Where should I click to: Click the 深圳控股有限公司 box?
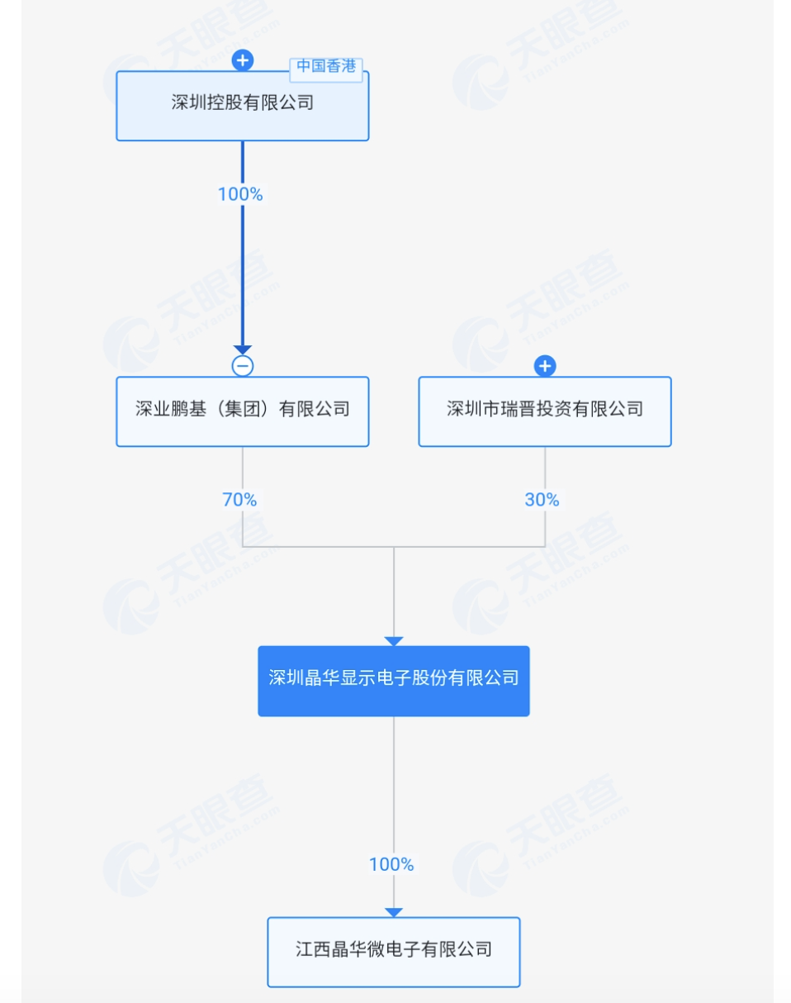[x=242, y=106]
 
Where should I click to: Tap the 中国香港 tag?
[x=326, y=67]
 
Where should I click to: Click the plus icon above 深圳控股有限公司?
[x=242, y=59]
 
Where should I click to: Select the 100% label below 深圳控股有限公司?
[x=240, y=194]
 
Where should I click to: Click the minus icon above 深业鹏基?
[x=242, y=366]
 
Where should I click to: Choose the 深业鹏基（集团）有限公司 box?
[x=242, y=411]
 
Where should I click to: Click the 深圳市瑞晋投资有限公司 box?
[x=544, y=411]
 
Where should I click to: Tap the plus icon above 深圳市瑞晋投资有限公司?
[x=544, y=365]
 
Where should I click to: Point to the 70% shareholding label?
[x=239, y=500]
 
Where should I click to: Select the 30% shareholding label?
[x=542, y=500]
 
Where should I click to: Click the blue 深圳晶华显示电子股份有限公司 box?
[x=393, y=680]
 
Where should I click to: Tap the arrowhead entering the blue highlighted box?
[x=394, y=641]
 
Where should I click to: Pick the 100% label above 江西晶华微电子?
[x=391, y=864]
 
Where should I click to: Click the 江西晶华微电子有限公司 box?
[x=393, y=952]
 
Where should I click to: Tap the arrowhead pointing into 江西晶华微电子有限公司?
[x=394, y=912]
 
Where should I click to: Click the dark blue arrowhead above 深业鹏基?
[x=242, y=350]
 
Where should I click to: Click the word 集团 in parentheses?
[x=242, y=409]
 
